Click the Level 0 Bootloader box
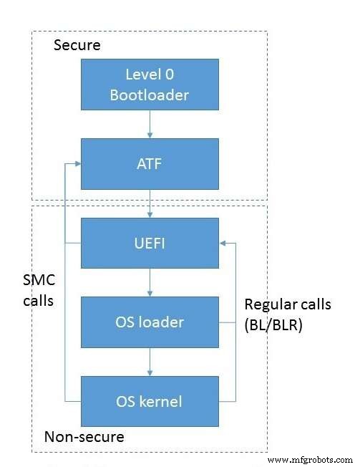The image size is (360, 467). click(149, 85)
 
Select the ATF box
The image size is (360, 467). click(149, 164)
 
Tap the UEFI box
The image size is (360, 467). click(149, 244)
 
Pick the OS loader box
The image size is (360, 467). click(149, 322)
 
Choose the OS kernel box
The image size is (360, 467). click(149, 400)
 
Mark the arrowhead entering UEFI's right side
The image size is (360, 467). click(223, 244)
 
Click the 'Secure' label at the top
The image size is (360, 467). click(77, 46)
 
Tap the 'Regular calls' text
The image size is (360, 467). click(288, 304)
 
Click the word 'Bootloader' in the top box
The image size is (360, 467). click(149, 94)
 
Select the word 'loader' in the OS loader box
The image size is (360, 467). click(160, 322)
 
